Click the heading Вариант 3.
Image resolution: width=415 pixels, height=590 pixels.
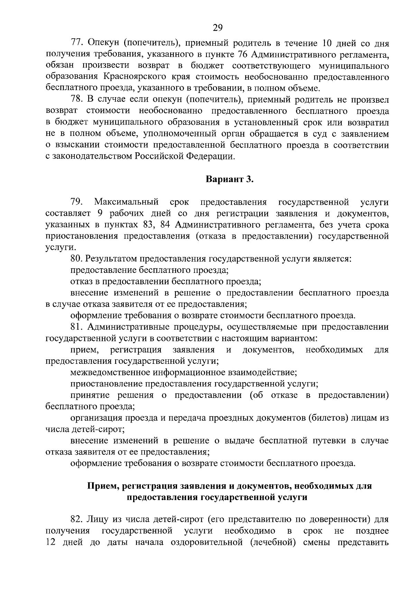click(x=230, y=179)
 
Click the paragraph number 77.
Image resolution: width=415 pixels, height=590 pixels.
click(x=77, y=43)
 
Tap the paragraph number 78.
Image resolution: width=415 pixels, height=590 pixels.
click(x=77, y=100)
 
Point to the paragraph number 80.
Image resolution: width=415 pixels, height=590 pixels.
click(x=77, y=259)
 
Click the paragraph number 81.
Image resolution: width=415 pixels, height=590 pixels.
click(x=77, y=327)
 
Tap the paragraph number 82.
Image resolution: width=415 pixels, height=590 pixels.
click(x=77, y=519)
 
